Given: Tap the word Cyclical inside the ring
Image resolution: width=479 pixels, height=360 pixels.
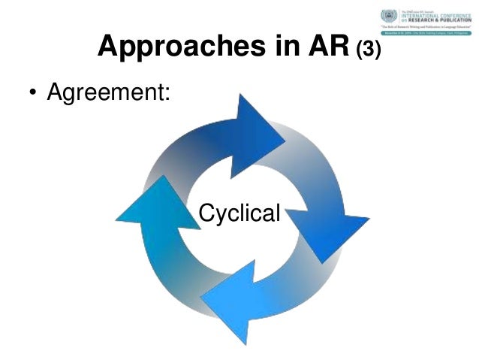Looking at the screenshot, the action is (239, 213).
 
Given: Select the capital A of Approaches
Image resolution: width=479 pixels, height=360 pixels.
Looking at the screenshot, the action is (108, 47).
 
